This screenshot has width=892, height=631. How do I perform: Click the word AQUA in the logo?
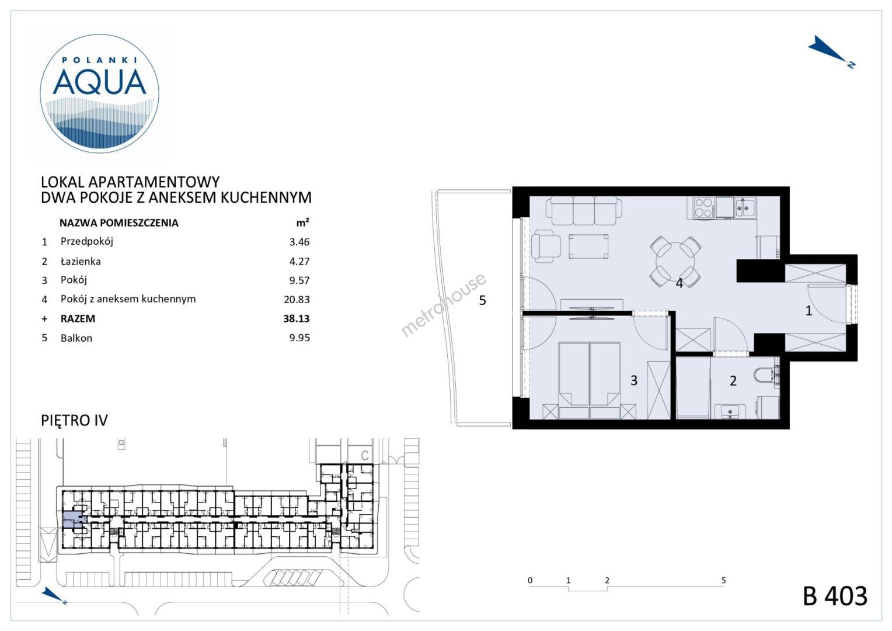100,82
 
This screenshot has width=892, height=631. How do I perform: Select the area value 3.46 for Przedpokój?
299,242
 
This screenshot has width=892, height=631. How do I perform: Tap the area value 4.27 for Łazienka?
299,262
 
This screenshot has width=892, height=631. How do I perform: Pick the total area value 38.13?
297,318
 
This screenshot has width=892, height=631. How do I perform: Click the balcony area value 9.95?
299,338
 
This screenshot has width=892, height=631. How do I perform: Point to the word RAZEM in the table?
78,319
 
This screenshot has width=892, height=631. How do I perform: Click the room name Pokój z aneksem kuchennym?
128,299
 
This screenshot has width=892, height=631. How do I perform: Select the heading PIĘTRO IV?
75,421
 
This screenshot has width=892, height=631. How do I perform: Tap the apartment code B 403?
835,597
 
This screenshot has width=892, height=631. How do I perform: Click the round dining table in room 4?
675,262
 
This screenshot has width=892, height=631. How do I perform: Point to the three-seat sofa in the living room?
584,211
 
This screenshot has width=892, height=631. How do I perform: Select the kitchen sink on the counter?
745,207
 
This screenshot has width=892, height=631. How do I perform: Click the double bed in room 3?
590,380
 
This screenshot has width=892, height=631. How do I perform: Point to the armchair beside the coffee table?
546,246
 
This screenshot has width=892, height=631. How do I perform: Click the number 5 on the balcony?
483,300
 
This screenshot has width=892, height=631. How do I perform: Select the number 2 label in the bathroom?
733,381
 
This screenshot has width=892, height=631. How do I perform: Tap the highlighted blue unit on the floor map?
72,520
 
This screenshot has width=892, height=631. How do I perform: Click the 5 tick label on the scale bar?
723,580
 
